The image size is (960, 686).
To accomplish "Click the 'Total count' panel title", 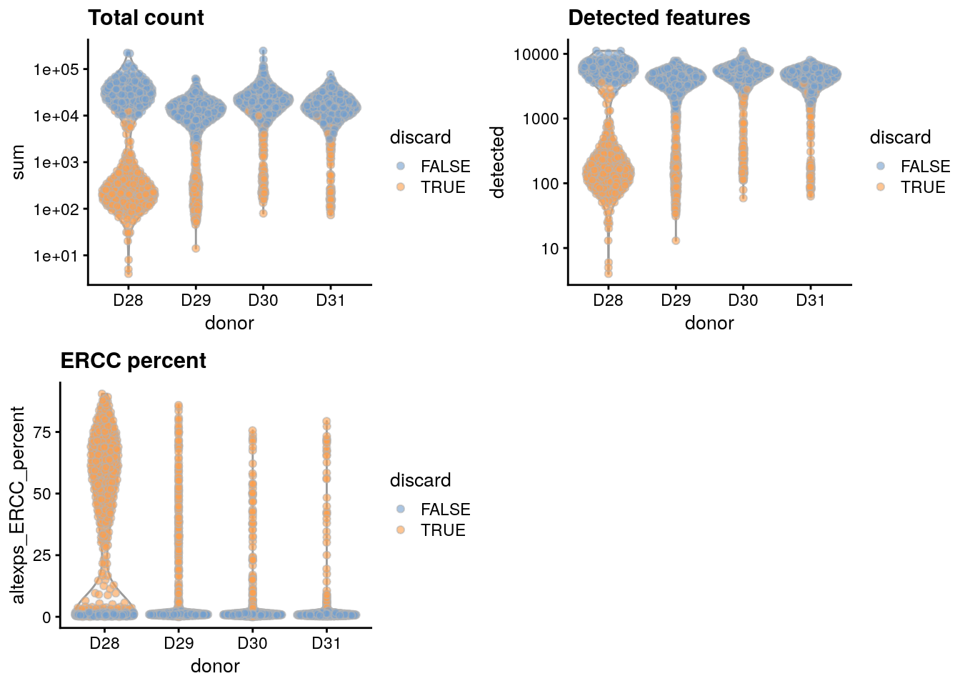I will tap(146, 18).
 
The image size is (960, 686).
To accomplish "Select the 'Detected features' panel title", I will tap(659, 18).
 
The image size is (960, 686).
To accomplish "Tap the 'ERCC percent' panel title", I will tap(133, 361).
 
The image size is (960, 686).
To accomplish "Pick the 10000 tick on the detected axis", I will tap(536, 54).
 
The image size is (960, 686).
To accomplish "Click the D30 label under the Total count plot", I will tap(263, 300).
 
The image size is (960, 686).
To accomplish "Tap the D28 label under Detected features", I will tap(608, 300).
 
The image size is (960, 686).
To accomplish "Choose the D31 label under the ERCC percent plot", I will tap(326, 643).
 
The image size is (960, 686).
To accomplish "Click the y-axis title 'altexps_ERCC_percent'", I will tap(19, 504).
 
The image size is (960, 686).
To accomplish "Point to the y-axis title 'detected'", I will tap(498, 162).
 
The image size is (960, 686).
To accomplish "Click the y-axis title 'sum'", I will tap(19, 162).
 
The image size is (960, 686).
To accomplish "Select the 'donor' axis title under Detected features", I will tap(709, 323).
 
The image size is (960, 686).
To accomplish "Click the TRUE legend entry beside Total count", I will tap(443, 187).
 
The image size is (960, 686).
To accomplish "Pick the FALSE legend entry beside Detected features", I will tap(925, 166).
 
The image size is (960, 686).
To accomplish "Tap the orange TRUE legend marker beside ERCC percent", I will tap(401, 530).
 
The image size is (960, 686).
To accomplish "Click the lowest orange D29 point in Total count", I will tap(196, 249).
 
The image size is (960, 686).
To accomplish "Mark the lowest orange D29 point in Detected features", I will tap(676, 241).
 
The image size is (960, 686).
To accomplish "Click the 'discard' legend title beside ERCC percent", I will tap(420, 480).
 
